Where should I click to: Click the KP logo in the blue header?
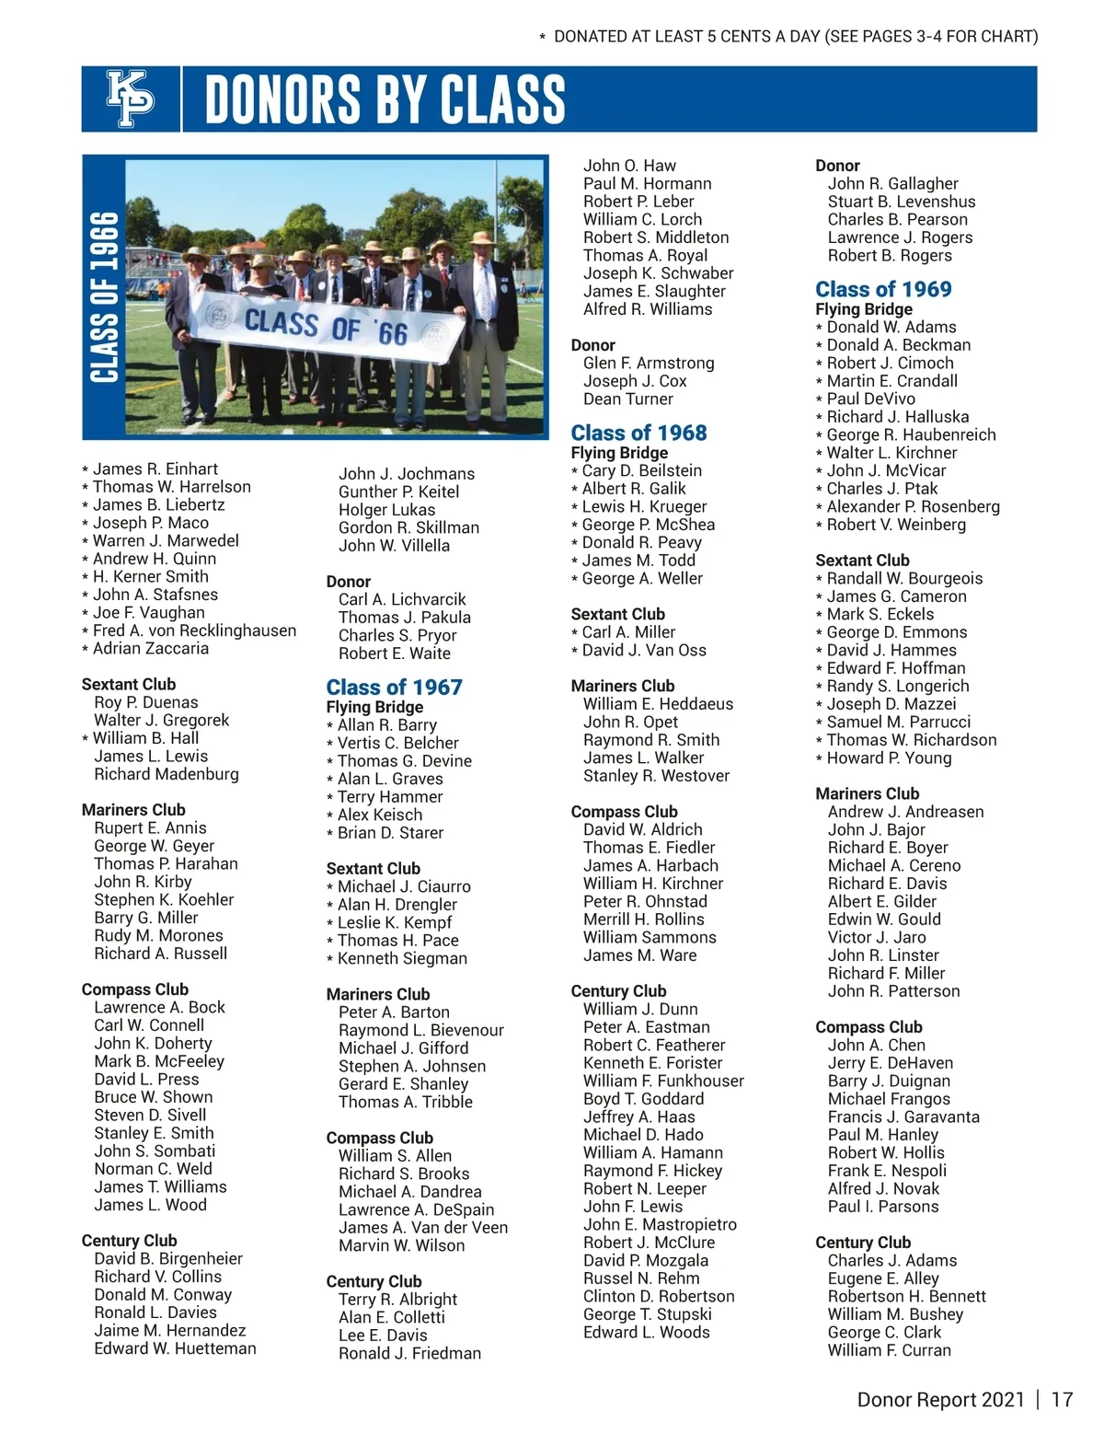pos(131,98)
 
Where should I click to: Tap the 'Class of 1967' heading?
pos(394,688)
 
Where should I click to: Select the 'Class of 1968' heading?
pos(638,433)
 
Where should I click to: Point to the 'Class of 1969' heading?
pos(883,289)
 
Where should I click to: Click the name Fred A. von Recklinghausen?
pos(194,630)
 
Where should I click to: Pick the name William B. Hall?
pos(145,738)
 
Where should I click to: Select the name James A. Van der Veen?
pos(422,1228)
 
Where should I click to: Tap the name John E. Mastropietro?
pos(660,1224)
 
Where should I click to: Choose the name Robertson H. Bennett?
pos(906,1296)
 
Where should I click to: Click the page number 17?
pos(1062,1400)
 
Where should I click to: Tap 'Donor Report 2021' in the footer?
pos(940,1400)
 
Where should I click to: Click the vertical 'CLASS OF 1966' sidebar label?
pos(104,297)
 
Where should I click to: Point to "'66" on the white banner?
pos(391,332)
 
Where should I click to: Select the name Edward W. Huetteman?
pos(175,1348)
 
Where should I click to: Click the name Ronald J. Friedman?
pos(409,1353)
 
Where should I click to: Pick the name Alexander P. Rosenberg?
pos(913,506)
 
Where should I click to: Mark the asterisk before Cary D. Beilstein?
pos(574,471)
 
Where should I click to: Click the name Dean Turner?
pos(627,399)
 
